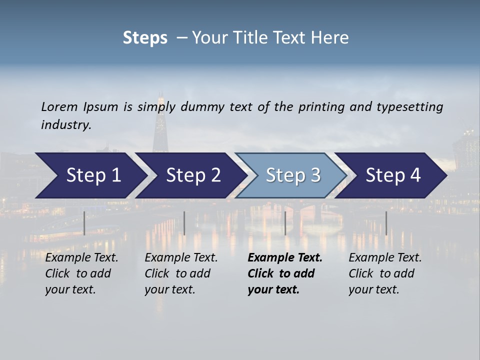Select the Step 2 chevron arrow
(193, 175)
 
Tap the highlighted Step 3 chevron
(293, 175)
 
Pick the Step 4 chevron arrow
(393, 175)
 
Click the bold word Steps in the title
(145, 37)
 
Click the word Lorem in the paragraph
(59, 106)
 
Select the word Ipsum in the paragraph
(101, 106)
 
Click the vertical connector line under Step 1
(84, 223)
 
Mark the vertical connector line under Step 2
(184, 223)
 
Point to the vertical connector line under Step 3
(285, 223)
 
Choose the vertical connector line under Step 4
(386, 223)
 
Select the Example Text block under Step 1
(81, 273)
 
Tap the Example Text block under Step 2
(180, 273)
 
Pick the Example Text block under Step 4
(384, 273)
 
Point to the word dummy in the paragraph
(202, 106)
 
